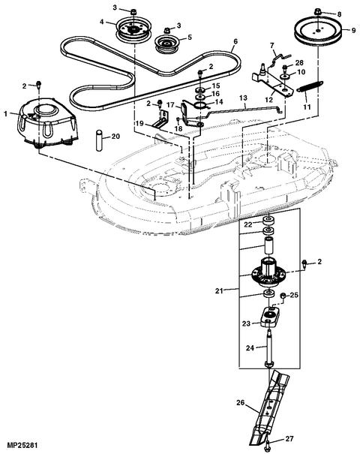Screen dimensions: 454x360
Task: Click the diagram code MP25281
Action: [x=22, y=447]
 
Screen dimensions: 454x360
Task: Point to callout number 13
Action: [x=242, y=98]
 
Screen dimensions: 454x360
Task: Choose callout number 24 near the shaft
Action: [x=251, y=347]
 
